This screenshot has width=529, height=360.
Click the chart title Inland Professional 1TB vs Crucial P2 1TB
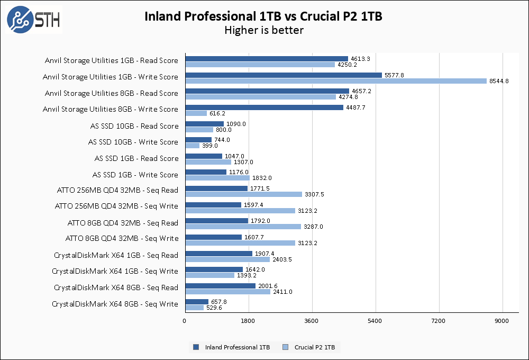click(x=263, y=16)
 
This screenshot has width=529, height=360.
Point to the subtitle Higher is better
click(x=263, y=30)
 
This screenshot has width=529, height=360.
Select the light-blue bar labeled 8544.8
click(x=336, y=81)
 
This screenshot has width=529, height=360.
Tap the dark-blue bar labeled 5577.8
click(x=284, y=75)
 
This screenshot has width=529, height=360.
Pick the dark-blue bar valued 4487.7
click(x=264, y=107)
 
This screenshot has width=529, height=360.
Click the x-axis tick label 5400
click(x=375, y=321)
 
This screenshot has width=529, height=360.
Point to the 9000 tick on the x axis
click(x=502, y=321)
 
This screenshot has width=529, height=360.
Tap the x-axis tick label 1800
click(x=248, y=321)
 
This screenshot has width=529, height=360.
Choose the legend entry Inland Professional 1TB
click(x=232, y=347)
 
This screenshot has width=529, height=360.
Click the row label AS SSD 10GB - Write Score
click(x=133, y=142)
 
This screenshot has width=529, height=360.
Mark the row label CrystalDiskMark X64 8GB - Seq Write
click(x=115, y=304)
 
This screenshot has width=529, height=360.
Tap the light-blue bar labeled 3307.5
click(x=243, y=194)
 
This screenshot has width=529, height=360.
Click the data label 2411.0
click(x=283, y=292)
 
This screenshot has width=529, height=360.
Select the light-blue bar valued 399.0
click(x=192, y=146)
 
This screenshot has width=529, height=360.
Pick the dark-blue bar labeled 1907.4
click(x=218, y=254)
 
